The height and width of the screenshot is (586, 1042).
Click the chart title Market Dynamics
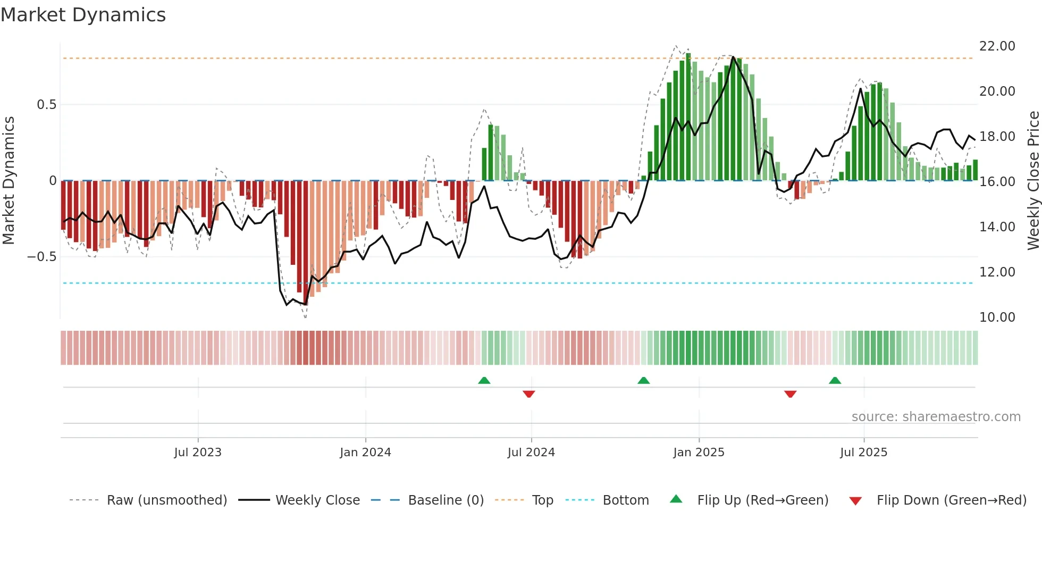point(83,15)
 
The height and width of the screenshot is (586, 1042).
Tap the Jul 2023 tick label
point(198,452)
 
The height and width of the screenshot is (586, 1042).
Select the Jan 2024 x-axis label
point(365,452)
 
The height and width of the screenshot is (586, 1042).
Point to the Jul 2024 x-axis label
point(531,452)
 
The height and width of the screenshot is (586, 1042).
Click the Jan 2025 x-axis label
point(699,452)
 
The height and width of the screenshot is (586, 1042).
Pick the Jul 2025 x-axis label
point(863,452)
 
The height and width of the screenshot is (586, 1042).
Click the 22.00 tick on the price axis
point(997,46)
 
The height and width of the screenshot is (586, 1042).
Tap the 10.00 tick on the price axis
point(997,317)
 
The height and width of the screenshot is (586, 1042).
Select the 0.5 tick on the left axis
point(46,105)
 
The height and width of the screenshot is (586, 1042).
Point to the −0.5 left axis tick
point(42,257)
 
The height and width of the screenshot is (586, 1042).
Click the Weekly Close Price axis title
point(1033,181)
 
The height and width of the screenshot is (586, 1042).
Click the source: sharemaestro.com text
point(936,417)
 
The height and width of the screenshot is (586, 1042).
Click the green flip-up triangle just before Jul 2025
point(835,381)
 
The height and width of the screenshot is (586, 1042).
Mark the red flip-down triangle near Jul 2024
point(528,394)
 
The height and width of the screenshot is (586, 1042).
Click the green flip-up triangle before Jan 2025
point(643,381)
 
